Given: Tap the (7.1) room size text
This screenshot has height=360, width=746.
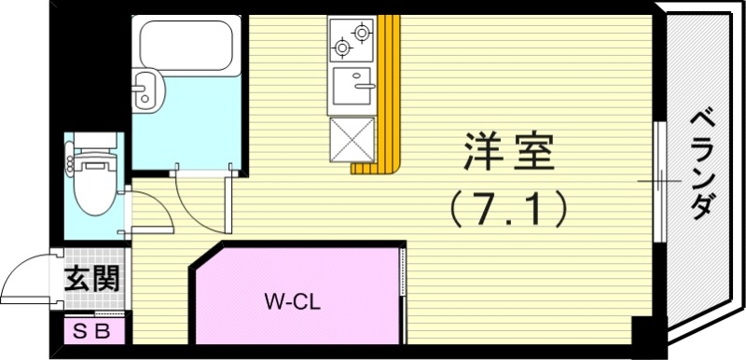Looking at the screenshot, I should click(x=509, y=208).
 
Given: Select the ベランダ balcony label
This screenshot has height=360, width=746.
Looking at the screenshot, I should click(x=705, y=164).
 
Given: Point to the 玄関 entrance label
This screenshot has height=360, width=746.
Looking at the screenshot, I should click(x=91, y=278).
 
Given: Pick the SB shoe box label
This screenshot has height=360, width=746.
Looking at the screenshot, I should click(x=91, y=330).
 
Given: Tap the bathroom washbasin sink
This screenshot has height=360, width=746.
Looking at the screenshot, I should click(x=147, y=90).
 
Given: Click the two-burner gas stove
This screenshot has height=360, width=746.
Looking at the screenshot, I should click(x=351, y=38).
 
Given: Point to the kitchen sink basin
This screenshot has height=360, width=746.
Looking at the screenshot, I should click(x=352, y=88).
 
